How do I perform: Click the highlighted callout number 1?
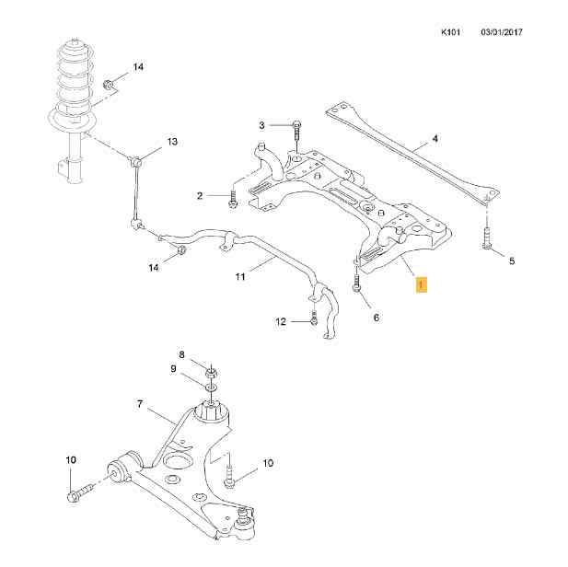[421, 284]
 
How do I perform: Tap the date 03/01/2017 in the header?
[502, 32]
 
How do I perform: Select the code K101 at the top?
[451, 32]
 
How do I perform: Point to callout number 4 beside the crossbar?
[435, 138]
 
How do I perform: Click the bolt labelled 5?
[487, 238]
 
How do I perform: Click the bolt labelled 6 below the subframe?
[356, 281]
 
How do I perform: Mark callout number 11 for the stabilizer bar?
[240, 277]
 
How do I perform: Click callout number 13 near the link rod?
[172, 142]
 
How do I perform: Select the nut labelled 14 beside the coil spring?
[109, 85]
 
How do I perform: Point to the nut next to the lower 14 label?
[180, 249]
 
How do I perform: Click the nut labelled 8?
[212, 373]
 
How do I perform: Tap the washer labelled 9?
[211, 388]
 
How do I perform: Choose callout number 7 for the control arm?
[140, 403]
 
